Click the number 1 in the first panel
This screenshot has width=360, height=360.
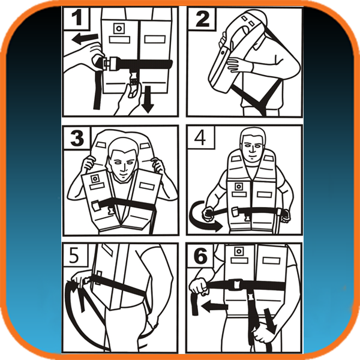click(x=77, y=18)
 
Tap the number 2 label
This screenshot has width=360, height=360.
click(x=202, y=19)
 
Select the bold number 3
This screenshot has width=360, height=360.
click(x=77, y=138)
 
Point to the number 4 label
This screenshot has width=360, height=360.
click(x=200, y=138)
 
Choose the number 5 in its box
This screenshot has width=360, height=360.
click(x=74, y=256)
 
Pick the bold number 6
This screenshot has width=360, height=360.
click(x=200, y=256)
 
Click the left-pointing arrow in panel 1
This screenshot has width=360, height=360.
click(x=85, y=39)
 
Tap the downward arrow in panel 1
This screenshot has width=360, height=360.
click(x=148, y=99)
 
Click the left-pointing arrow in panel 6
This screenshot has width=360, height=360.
click(x=214, y=307)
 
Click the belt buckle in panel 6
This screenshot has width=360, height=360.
click(x=237, y=284)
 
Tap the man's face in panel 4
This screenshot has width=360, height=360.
click(x=252, y=148)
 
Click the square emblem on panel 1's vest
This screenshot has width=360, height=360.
click(x=119, y=28)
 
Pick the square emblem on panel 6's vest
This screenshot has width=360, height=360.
click(x=239, y=251)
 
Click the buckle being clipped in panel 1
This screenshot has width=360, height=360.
click(x=108, y=63)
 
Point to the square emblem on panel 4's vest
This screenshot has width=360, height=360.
click(x=238, y=187)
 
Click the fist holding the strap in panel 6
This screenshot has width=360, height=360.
click(x=199, y=286)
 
